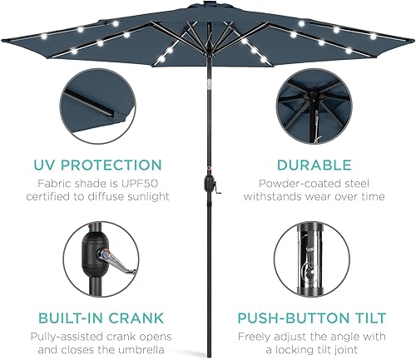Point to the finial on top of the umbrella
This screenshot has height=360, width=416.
pyautogui.click(x=207, y=2)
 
